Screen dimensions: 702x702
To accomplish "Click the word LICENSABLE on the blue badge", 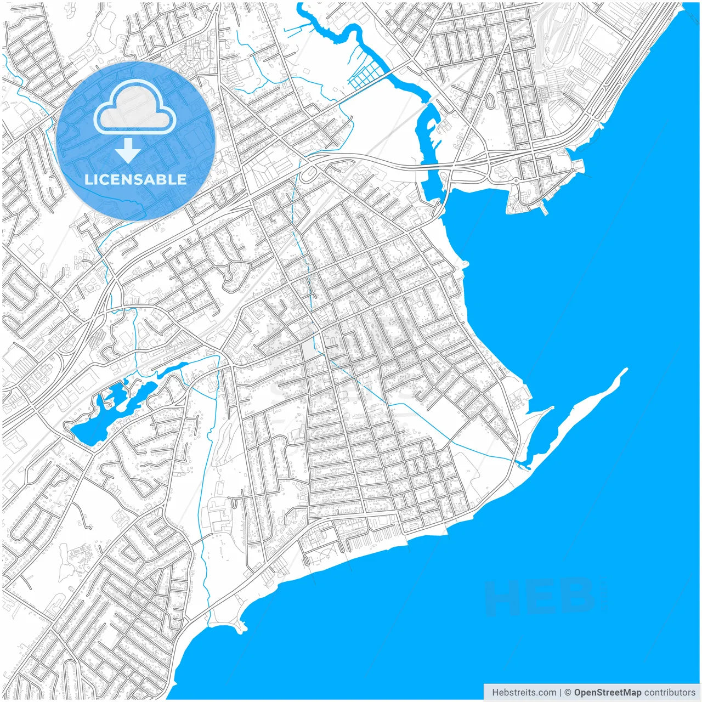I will [135, 179].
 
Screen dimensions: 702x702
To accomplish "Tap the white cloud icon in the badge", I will [135, 107].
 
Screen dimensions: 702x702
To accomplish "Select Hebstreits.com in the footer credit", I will [523, 693].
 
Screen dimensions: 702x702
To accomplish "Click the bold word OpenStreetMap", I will [607, 693].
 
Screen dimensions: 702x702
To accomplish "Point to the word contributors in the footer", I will [669, 693].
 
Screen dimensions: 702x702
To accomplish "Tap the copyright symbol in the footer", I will [568, 693].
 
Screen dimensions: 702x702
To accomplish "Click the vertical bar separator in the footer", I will [560, 693].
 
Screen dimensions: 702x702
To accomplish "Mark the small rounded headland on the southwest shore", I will [240, 624].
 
